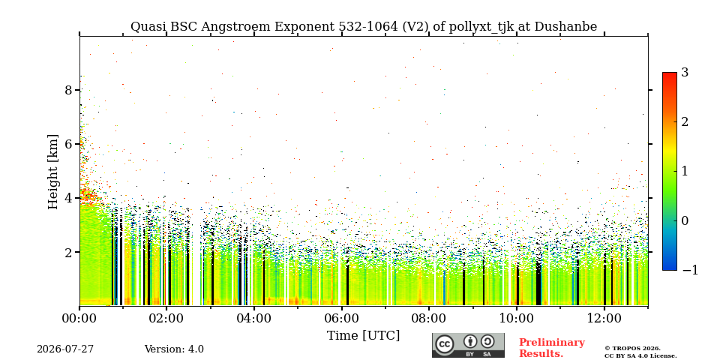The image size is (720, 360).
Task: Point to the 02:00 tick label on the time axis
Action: click(x=166, y=318)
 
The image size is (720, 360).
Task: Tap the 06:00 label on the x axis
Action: click(x=341, y=318)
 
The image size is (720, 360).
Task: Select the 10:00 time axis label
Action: click(x=516, y=318)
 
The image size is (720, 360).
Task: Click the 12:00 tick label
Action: click(x=604, y=318)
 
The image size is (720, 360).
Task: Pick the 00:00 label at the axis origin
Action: click(x=79, y=318)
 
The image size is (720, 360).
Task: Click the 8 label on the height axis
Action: click(x=69, y=90)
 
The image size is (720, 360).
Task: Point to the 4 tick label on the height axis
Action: click(x=69, y=198)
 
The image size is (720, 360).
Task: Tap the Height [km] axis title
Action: click(x=53, y=172)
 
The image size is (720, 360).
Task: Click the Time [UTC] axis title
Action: click(x=363, y=336)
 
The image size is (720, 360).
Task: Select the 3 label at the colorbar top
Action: click(x=685, y=72)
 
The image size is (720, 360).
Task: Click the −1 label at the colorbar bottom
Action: click(x=690, y=270)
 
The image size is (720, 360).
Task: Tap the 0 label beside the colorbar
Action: click(x=685, y=220)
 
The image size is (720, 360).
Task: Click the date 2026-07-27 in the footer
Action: click(x=65, y=349)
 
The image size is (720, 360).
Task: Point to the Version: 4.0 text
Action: click(x=174, y=349)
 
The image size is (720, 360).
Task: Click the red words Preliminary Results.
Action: click(x=552, y=348)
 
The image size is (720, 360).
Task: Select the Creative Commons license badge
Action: click(x=468, y=345)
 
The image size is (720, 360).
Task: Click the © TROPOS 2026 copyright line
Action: click(x=632, y=349)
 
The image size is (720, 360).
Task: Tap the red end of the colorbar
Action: click(x=670, y=75)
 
